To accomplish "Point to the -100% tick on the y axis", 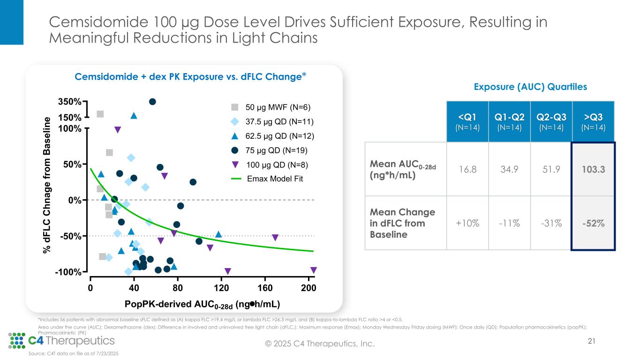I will click(x=71, y=272).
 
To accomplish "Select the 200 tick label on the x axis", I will click(x=309, y=288).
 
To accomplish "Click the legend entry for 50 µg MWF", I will click(x=279, y=107).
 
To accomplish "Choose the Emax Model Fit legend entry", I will click(x=275, y=179).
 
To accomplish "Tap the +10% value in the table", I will click(x=467, y=223).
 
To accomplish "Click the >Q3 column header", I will click(x=593, y=121).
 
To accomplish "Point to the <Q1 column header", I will click(x=467, y=121).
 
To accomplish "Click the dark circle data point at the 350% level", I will click(x=152, y=102).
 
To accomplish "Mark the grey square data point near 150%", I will click(x=100, y=114).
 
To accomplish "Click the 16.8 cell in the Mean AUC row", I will click(x=467, y=169).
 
